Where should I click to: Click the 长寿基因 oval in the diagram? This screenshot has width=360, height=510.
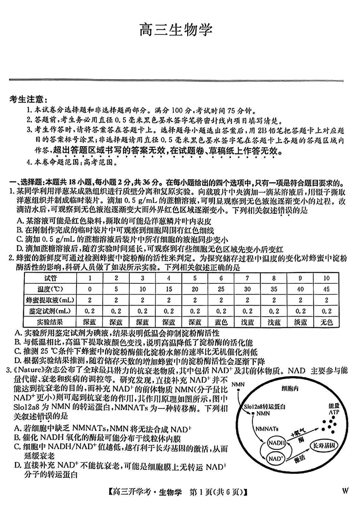point(327,445)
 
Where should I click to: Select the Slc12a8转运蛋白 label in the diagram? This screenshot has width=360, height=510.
point(264,406)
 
